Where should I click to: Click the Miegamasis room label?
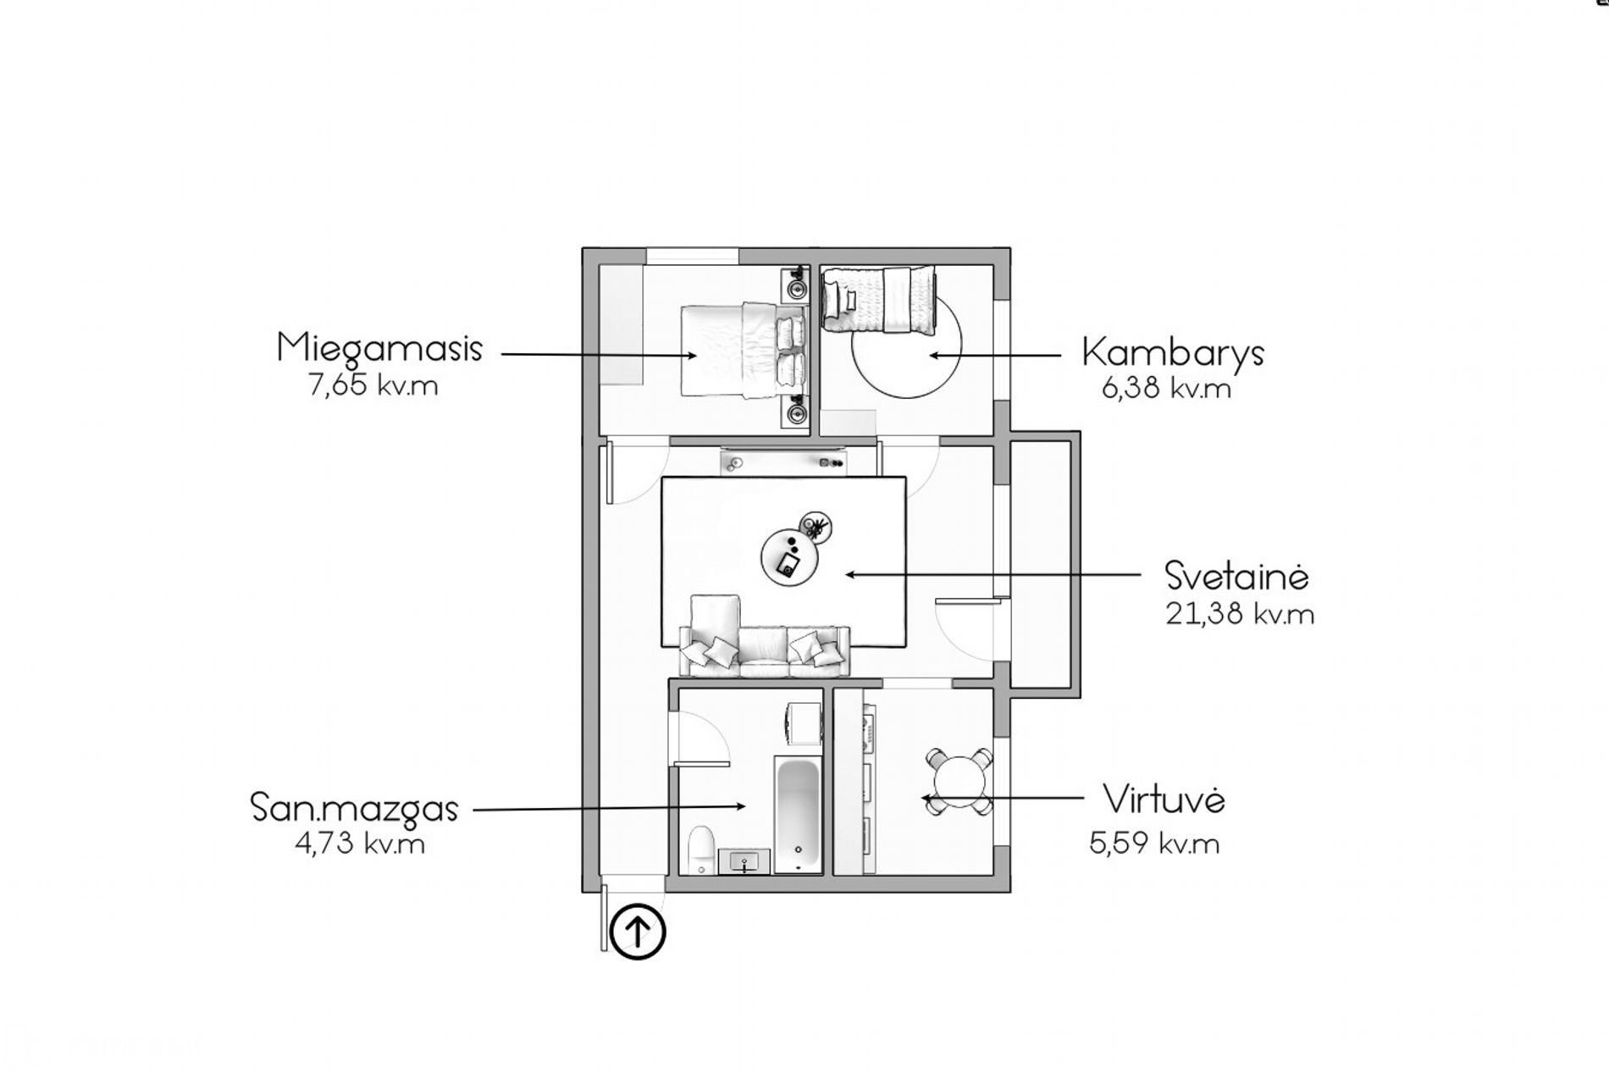click(x=379, y=349)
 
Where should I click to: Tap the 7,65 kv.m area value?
click(x=373, y=386)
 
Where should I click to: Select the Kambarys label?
click(x=1173, y=353)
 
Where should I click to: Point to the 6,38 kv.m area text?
click(x=1166, y=389)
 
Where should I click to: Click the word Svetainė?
click(x=1237, y=576)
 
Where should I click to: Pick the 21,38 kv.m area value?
click(x=1240, y=614)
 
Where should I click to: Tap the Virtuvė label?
click(x=1164, y=800)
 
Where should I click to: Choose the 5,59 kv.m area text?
click(x=1154, y=844)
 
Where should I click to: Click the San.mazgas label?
click(x=354, y=808)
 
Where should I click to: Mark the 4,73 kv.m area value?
click(x=360, y=844)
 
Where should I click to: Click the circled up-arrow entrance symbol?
click(x=638, y=933)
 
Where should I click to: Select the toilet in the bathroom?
click(x=700, y=850)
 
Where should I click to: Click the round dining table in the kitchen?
click(x=958, y=781)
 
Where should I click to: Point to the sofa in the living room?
click(x=765, y=642)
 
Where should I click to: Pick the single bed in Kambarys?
click(x=881, y=299)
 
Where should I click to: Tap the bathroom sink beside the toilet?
click(x=744, y=861)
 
